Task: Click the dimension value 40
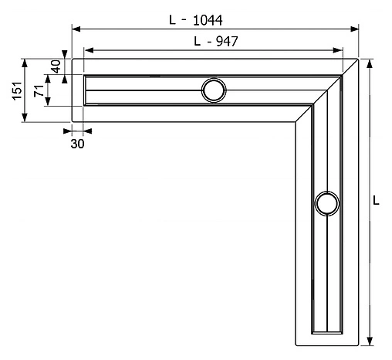click(x=56, y=66)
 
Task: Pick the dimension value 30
click(x=77, y=143)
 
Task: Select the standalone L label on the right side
click(x=376, y=200)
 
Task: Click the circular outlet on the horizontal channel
click(x=214, y=90)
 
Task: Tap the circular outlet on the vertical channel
click(x=327, y=204)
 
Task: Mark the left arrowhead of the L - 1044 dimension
click(x=76, y=29)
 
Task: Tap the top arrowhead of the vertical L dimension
click(x=370, y=63)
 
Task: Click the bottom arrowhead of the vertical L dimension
click(x=370, y=341)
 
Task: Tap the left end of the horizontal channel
click(x=83, y=90)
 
